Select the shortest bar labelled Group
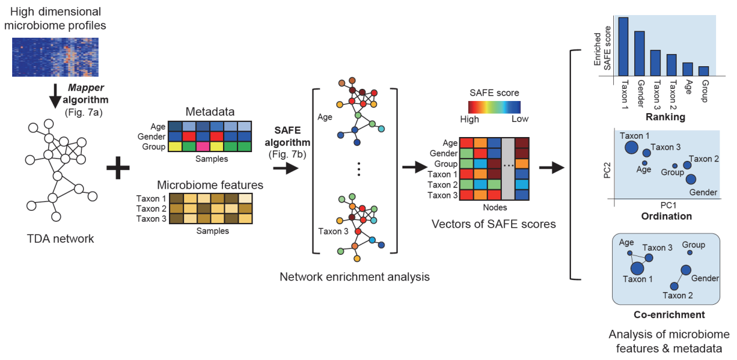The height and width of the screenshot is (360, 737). point(703,71)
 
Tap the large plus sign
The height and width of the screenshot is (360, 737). point(118,169)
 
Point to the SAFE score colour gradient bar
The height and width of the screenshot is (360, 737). point(494,106)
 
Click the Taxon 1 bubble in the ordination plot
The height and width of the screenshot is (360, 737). point(632,147)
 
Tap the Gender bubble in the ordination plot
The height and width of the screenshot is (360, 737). point(691,179)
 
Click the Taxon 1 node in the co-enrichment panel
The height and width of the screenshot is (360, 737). point(638,268)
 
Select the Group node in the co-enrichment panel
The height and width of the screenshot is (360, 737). point(689,253)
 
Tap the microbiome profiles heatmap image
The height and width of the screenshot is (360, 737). point(55,57)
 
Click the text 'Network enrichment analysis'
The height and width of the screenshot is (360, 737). point(354,277)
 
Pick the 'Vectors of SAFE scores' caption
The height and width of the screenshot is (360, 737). point(494,224)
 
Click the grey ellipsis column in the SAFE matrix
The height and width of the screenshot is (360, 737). point(508,169)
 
